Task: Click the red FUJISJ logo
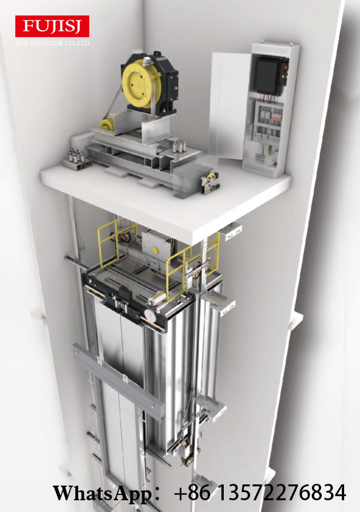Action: point(52,26)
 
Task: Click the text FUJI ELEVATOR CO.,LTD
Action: point(52,43)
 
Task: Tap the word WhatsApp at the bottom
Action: point(102,493)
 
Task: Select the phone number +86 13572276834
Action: point(260,493)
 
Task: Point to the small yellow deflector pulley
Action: point(106,125)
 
